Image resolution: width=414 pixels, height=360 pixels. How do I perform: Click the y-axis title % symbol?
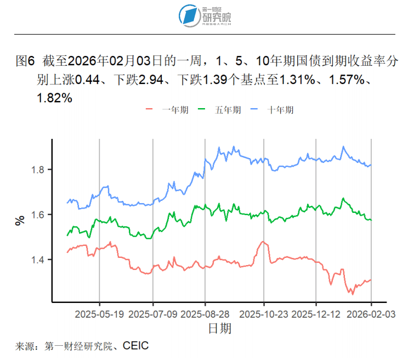click(20, 221)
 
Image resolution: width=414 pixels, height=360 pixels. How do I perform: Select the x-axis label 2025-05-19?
click(99, 315)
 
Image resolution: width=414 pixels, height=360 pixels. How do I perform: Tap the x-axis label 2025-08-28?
click(205, 315)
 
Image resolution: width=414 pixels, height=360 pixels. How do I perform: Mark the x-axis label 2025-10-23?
click(264, 315)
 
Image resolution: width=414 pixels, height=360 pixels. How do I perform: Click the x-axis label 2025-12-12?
click(316, 315)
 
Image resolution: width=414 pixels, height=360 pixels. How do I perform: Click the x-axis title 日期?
click(219, 329)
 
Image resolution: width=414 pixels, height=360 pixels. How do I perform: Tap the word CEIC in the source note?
click(135, 346)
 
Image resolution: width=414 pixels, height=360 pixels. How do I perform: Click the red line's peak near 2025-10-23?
click(263, 241)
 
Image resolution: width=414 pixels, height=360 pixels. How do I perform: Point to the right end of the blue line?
click(371, 165)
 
